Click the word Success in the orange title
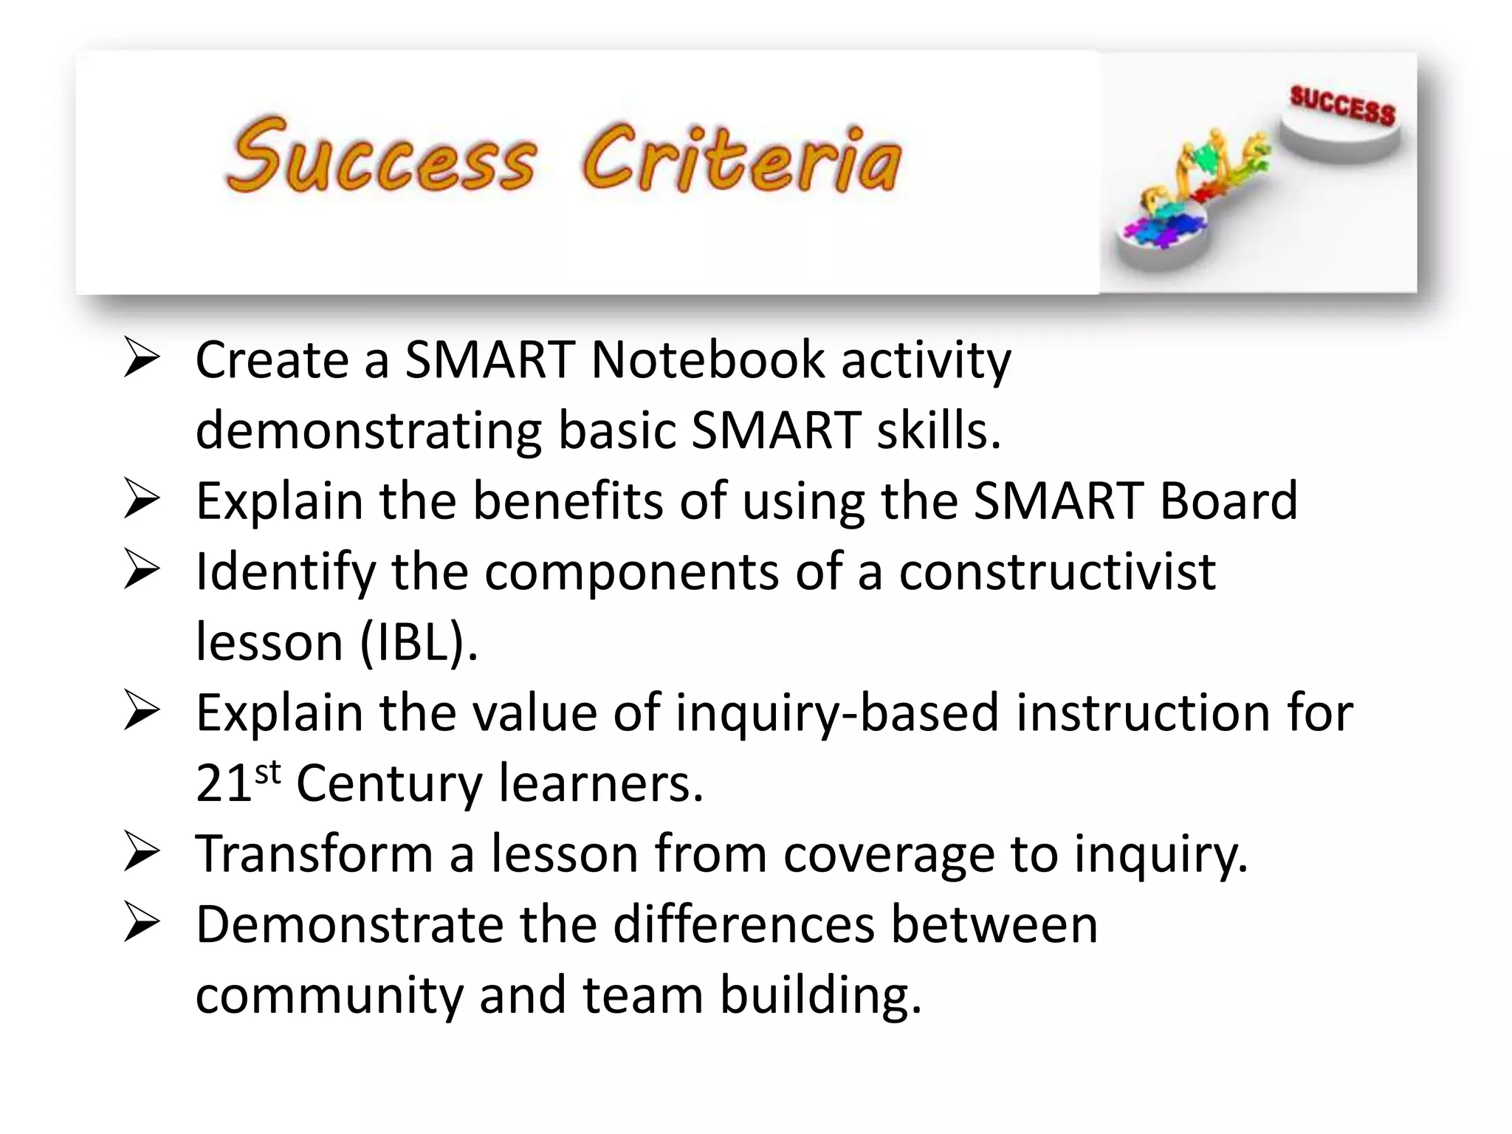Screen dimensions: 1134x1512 pos(380,157)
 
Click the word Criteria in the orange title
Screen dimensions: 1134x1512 pos(741,159)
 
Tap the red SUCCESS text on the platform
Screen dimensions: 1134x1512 pos(1342,106)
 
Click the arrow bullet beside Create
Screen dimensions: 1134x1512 pos(141,357)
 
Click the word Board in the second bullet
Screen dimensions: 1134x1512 pos(1228,501)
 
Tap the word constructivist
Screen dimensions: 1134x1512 pos(1056,572)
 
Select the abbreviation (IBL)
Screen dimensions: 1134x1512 pos(418,642)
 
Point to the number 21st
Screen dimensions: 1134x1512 pos(237,783)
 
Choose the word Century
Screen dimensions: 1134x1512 pos(389,784)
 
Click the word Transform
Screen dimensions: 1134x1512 pos(314,854)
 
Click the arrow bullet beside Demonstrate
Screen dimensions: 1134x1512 pos(141,922)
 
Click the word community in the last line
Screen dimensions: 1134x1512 pos(329,995)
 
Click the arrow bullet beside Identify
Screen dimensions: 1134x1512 pos(141,569)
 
